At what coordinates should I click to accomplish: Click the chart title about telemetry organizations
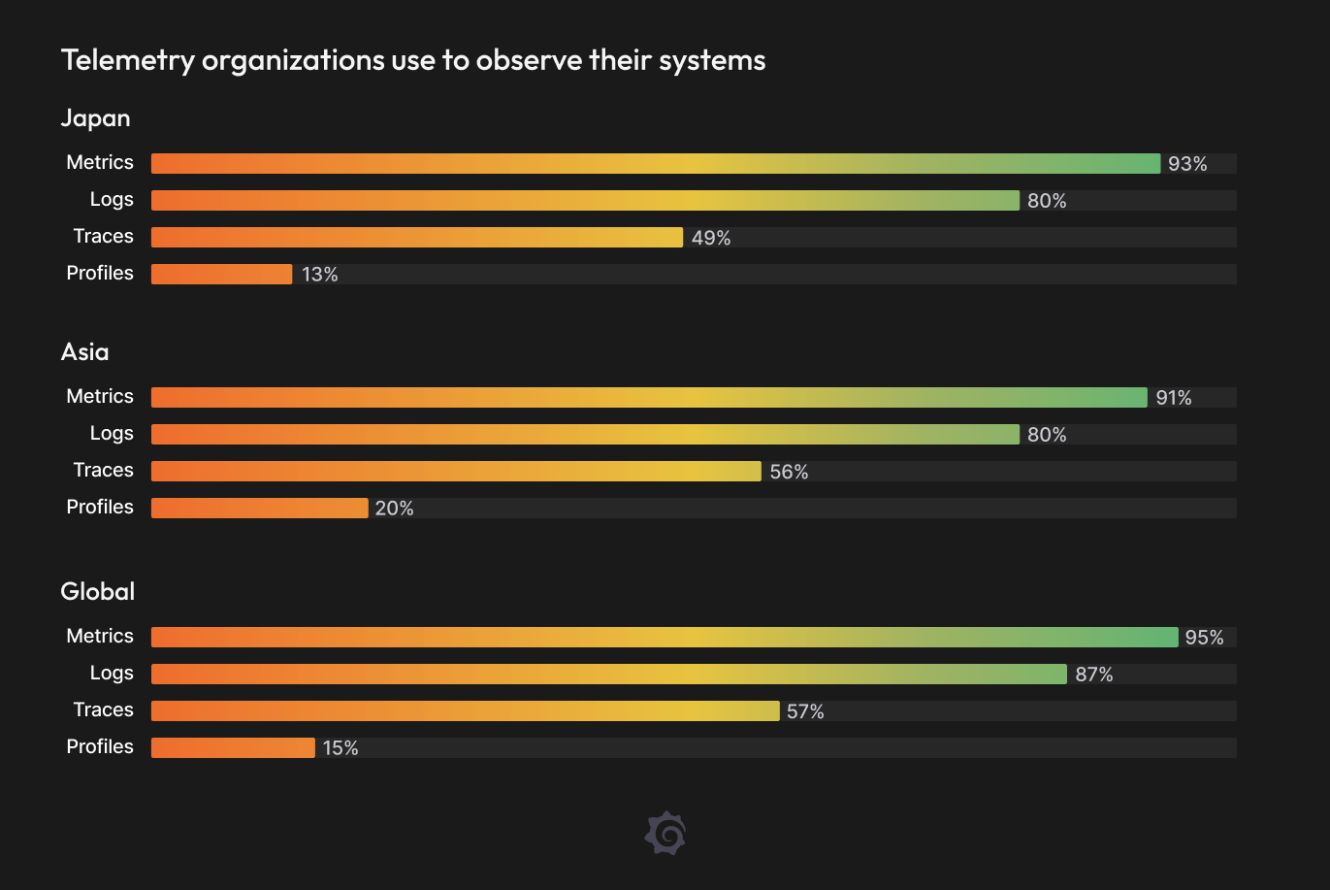[413, 60]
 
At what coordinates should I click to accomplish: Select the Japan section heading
[95, 118]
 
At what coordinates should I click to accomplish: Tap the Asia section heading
[85, 352]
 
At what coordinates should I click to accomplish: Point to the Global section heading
[98, 592]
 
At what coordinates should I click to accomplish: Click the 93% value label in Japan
[1187, 164]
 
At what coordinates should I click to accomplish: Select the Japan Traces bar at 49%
[417, 238]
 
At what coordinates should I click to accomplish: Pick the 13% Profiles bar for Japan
[221, 275]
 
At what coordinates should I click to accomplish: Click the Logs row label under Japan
[112, 200]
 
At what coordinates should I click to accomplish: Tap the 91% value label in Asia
[1174, 398]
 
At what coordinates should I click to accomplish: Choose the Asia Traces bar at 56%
[456, 472]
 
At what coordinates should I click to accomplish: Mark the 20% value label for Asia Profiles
[394, 509]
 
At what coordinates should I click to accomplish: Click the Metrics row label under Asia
[100, 397]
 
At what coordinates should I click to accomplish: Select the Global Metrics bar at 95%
[665, 638]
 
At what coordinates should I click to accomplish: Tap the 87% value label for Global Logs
[1094, 675]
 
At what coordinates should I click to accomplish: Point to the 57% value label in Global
[805, 711]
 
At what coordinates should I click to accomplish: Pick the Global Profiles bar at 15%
[233, 748]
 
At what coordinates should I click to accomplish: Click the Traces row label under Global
[104, 710]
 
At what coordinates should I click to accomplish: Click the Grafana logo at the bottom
[665, 834]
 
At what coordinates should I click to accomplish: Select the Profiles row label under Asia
[100, 508]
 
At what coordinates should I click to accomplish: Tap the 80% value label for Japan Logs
[1047, 201]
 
